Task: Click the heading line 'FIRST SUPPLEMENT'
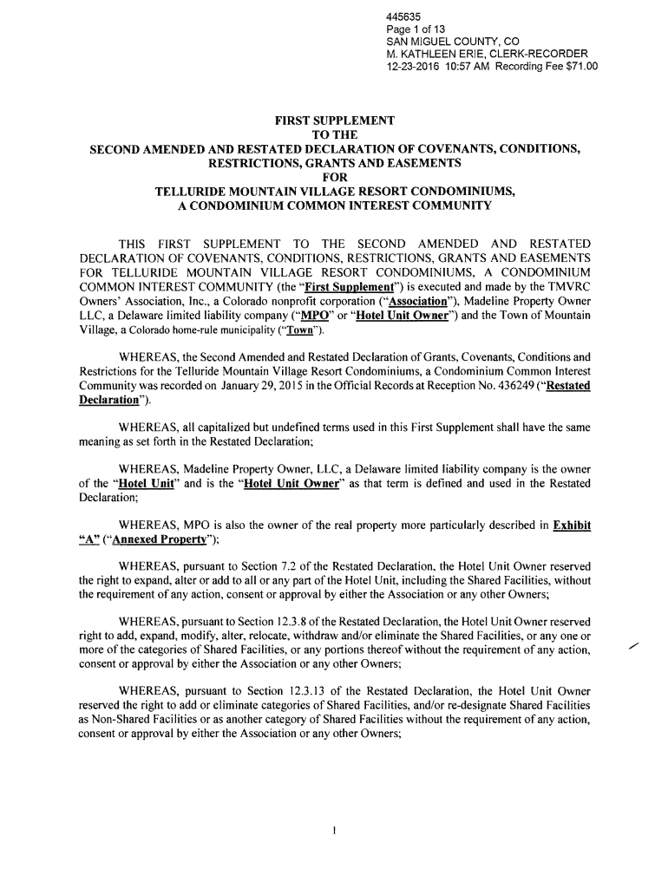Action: tap(335, 119)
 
